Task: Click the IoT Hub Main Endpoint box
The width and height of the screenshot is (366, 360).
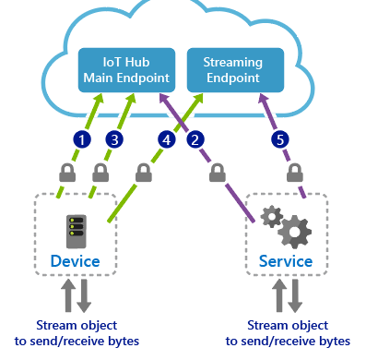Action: tap(124, 70)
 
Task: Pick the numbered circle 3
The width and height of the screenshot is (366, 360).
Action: tap(114, 140)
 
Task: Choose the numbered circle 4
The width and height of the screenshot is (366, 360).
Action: tap(166, 140)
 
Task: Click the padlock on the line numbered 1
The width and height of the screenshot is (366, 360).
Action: tap(66, 172)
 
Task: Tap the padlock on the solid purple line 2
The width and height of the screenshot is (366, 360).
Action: tap(219, 172)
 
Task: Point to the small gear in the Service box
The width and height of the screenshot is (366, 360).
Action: tap(271, 216)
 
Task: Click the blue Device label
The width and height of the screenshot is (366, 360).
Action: tap(76, 261)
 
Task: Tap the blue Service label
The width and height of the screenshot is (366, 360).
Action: tap(287, 261)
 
